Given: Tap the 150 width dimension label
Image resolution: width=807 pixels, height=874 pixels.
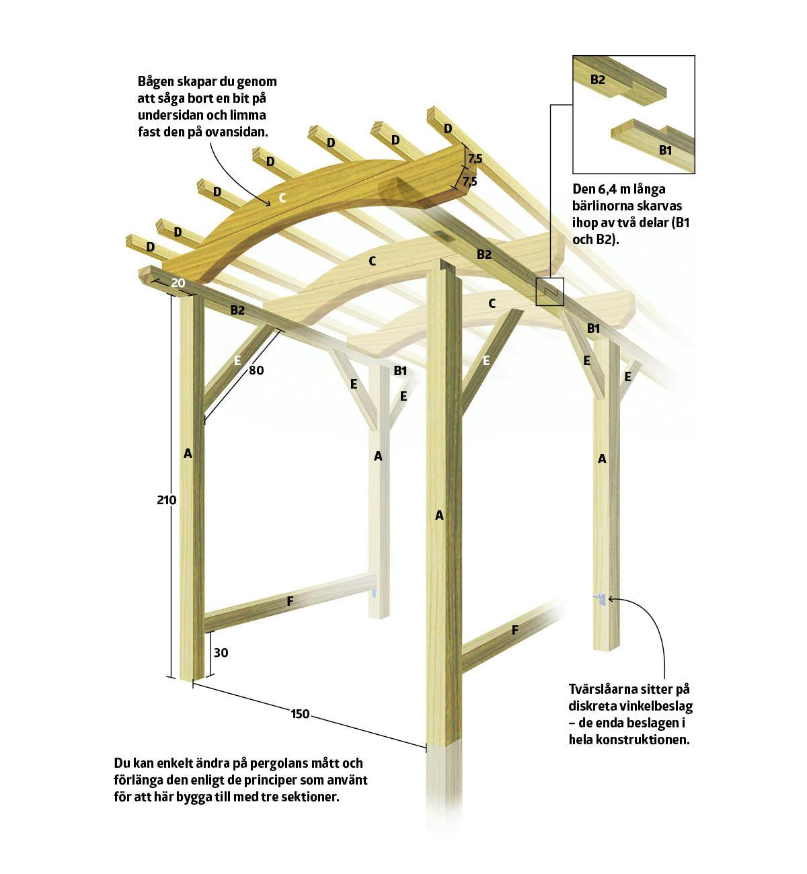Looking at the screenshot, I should tap(300, 714).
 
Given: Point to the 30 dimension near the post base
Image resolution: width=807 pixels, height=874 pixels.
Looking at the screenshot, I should tap(221, 653).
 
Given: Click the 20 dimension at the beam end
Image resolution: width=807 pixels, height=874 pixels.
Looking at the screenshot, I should tap(178, 283).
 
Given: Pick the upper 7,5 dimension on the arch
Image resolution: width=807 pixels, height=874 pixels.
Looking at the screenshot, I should tap(475, 159).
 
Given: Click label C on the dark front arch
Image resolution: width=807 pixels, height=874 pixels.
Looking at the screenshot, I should tap(282, 198).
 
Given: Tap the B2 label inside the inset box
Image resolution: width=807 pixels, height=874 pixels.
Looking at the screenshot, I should tap(598, 79).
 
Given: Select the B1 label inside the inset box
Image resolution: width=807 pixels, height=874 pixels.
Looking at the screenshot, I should tap(665, 151).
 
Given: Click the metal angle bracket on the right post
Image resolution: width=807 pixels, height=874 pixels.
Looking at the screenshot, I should tap(601, 599).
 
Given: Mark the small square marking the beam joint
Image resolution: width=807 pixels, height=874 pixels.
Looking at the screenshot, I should tap(549, 292).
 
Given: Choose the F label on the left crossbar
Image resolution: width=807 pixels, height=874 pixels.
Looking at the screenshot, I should tap(291, 601).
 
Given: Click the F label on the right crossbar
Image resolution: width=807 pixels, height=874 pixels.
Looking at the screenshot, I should tap(515, 631).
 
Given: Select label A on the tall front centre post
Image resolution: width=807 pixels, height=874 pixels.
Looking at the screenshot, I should tap(440, 515).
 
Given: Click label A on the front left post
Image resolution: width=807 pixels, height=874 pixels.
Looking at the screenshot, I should tap(188, 454).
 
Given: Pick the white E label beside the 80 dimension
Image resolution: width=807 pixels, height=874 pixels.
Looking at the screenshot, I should tap(237, 360).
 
